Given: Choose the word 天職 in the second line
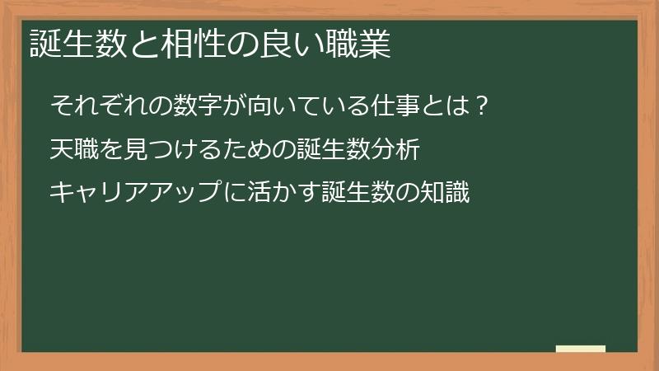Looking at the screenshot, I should pos(73,150).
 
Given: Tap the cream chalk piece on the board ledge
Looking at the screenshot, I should pos(581,349).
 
